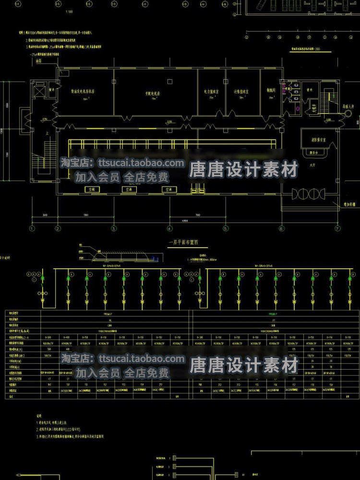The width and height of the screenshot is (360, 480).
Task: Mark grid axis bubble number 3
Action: click(114, 228)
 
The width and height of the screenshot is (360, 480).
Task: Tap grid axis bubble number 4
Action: click(169, 228)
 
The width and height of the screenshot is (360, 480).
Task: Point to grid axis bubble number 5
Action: click(225, 228)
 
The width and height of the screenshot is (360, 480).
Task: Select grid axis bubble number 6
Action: click(281, 228)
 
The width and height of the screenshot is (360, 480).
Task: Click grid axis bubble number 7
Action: click(337, 228)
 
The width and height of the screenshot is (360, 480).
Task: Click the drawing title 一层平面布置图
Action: click(180, 243)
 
